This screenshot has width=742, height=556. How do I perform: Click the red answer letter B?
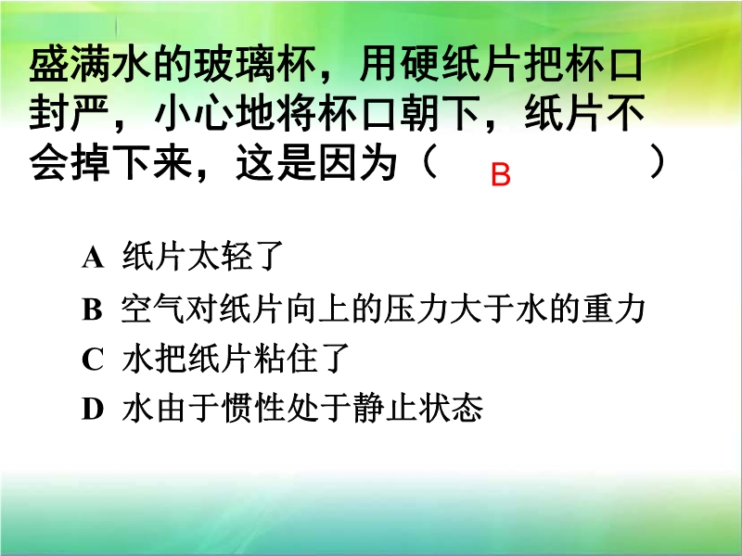tap(501, 174)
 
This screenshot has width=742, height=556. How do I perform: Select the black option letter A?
tap(93, 259)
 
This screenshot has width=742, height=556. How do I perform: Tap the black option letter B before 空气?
tap(92, 310)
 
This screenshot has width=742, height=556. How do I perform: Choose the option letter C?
tap(92, 360)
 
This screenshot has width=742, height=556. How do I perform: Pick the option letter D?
tap(93, 409)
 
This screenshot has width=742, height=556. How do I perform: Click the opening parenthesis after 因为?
tap(429, 161)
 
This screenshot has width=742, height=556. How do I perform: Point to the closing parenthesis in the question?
tap(657, 161)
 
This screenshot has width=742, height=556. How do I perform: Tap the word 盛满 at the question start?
tap(70, 65)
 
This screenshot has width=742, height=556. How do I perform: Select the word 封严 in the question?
tap(70, 113)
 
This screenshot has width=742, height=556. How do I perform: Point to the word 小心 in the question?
tap(194, 113)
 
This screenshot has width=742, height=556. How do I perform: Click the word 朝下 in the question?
tap(442, 113)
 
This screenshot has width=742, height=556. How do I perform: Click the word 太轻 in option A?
tap(219, 257)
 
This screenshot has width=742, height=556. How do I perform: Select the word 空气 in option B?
tap(153, 310)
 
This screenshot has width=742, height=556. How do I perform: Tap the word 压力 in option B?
tap(416, 310)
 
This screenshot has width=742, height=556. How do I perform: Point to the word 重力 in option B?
tap(614, 310)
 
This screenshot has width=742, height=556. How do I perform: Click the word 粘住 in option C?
tap(286, 359)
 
